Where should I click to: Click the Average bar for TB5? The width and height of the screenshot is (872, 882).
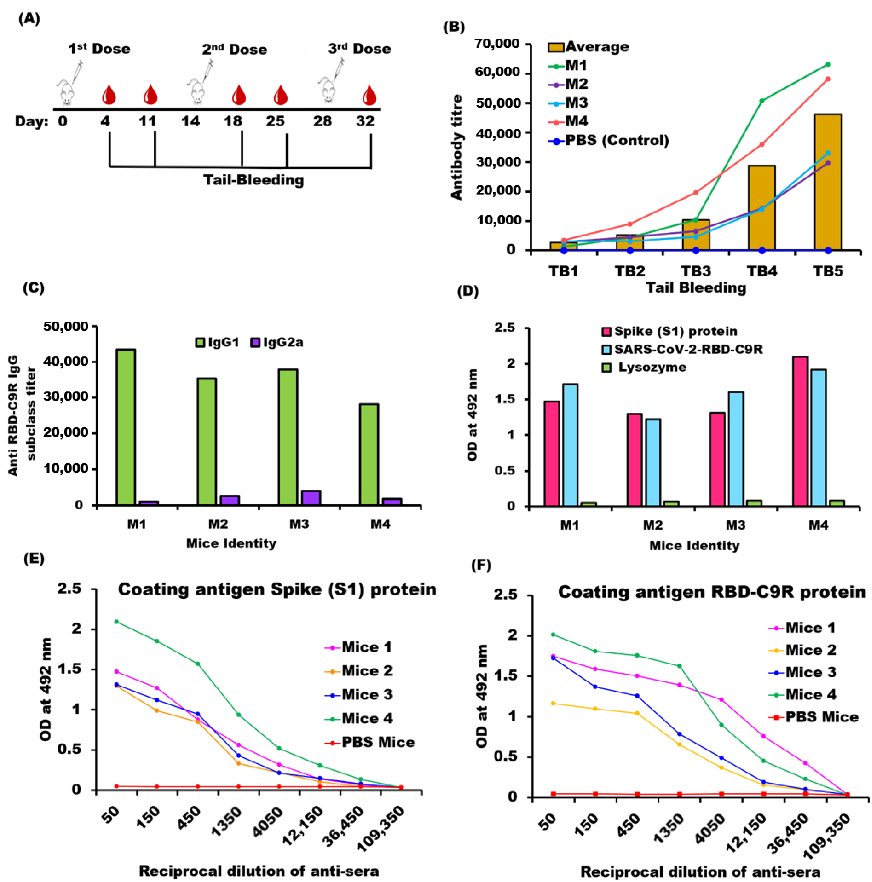(x=827, y=183)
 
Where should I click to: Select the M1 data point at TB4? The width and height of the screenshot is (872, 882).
(x=761, y=101)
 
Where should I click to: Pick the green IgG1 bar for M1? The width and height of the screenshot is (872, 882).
(x=125, y=427)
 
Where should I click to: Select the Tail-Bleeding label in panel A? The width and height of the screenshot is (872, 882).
(x=254, y=180)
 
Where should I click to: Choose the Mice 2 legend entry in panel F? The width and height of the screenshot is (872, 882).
(x=810, y=650)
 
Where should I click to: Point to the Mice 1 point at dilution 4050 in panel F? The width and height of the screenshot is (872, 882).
(x=721, y=699)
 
